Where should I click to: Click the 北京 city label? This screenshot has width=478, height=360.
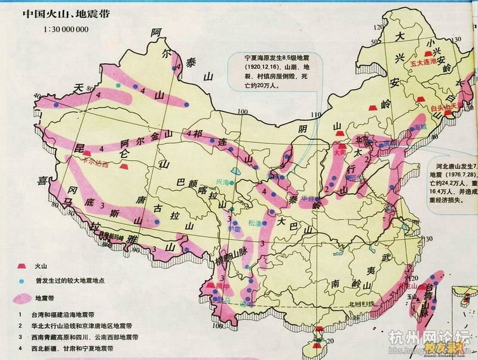pyautogui.click(x=363, y=139)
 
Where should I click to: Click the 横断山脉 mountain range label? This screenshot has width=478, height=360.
pyautogui.click(x=225, y=256)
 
